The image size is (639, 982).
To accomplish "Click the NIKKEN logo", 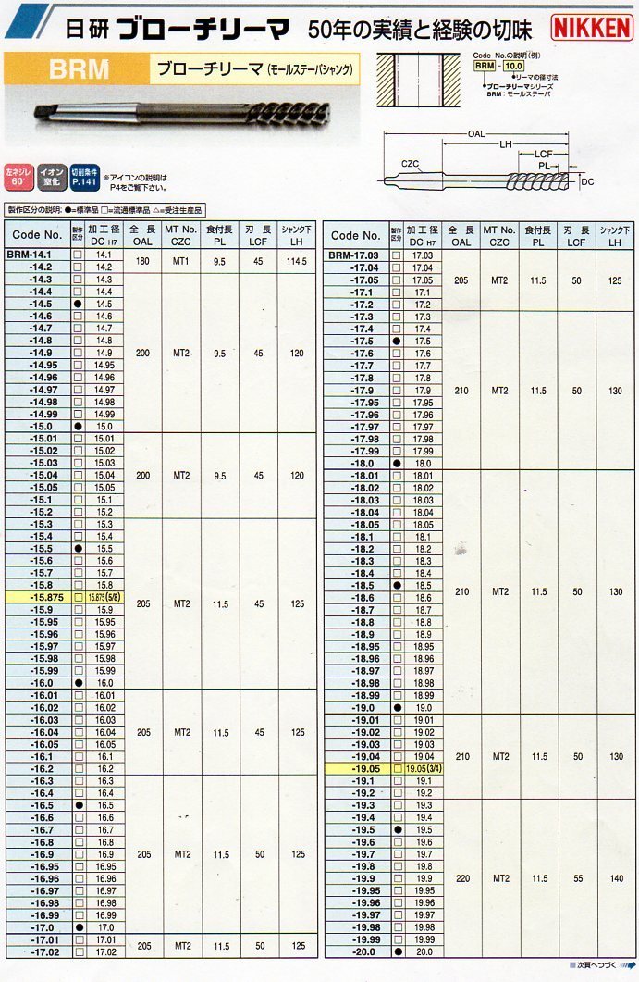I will [592, 28].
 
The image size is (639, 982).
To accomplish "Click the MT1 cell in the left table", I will [181, 260].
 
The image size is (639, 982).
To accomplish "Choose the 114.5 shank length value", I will [297, 260].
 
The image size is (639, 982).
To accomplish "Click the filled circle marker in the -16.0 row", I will [79, 683].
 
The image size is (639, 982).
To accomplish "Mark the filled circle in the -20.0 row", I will [397, 951].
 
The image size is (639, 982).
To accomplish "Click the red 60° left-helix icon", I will [18, 176].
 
